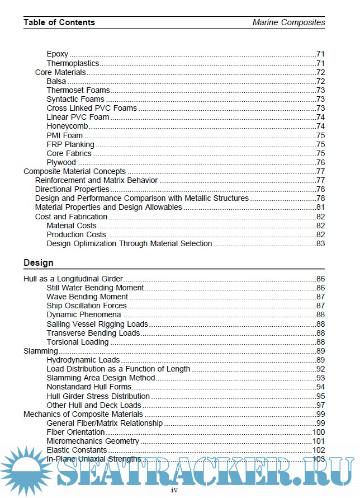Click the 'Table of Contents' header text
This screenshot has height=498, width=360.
(59, 22)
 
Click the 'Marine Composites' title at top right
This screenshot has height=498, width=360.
(288, 22)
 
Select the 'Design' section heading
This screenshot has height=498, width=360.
(39, 262)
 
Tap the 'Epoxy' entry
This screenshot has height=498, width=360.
(58, 54)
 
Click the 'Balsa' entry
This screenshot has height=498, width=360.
(56, 81)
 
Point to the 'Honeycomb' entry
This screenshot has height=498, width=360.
(67, 126)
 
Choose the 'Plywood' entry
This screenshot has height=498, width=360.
(61, 162)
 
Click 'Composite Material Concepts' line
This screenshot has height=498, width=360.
(74, 171)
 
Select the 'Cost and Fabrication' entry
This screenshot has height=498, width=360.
(71, 217)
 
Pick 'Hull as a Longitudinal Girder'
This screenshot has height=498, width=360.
(73, 279)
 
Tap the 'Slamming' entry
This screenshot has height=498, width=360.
(40, 351)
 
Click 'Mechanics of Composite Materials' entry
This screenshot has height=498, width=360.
(83, 414)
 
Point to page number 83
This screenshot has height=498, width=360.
(320, 243)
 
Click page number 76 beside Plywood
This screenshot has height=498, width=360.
(320, 162)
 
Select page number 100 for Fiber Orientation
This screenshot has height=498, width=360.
(319, 432)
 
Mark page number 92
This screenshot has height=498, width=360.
(320, 369)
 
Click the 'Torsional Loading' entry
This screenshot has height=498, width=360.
(78, 342)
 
